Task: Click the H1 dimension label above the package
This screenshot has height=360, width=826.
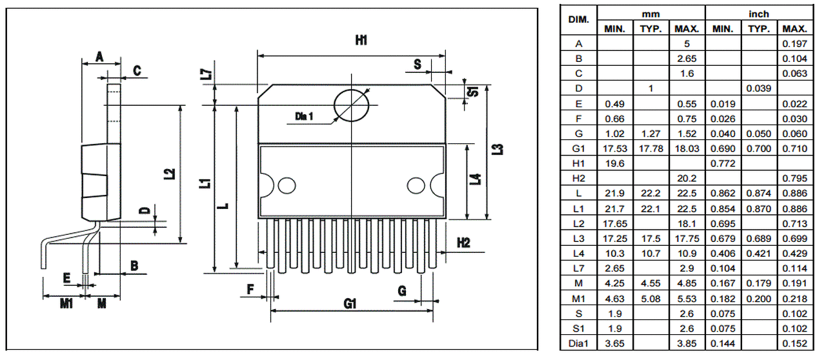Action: pyautogui.click(x=361, y=40)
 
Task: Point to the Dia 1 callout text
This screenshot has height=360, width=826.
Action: pyautogui.click(x=304, y=117)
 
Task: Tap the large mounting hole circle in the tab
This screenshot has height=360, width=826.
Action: pyautogui.click(x=352, y=106)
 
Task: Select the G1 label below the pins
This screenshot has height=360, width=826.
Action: pyautogui.click(x=350, y=304)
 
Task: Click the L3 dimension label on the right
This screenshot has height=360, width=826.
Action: pyautogui.click(x=498, y=149)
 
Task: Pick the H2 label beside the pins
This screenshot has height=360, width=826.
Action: pyautogui.click(x=463, y=243)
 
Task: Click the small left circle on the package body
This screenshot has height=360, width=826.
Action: pyautogui.click(x=287, y=186)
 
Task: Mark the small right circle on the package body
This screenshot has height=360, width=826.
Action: pyautogui.click(x=416, y=186)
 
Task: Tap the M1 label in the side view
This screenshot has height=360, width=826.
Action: pyautogui.click(x=66, y=304)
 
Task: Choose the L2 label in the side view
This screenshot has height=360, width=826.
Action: pyautogui.click(x=170, y=174)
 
